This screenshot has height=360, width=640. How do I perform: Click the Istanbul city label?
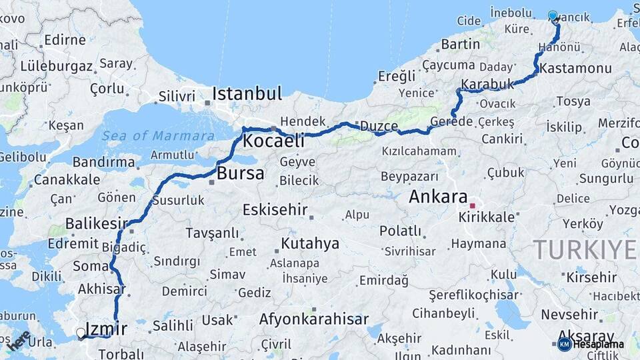point(247,93)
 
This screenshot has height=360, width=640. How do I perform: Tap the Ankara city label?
point(437,197)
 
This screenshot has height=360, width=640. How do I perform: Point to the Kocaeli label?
point(273,141)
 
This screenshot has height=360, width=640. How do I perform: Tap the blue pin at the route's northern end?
point(553,17)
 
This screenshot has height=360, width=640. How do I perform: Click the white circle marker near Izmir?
point(81,332)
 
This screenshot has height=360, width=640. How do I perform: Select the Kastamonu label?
point(566,69)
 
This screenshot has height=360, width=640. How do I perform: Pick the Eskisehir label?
point(275,210)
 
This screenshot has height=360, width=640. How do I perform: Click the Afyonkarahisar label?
point(313,319)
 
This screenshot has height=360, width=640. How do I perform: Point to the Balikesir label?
point(96,223)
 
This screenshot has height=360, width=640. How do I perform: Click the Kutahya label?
point(310,243)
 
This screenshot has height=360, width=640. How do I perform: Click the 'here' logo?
point(19,340)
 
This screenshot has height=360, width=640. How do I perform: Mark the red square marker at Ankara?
point(473,206)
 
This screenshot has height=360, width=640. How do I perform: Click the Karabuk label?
point(488,85)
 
